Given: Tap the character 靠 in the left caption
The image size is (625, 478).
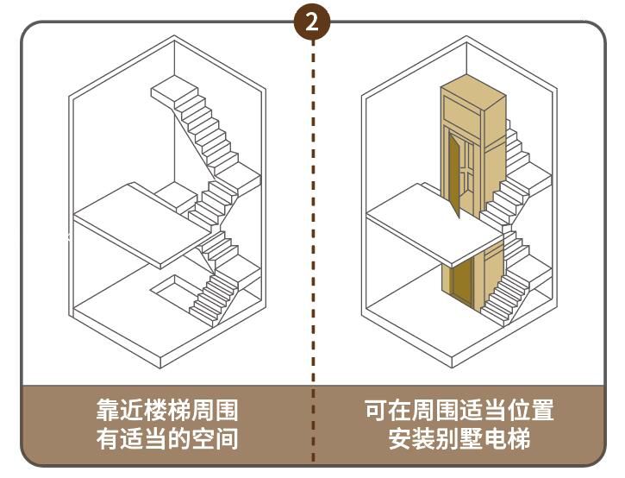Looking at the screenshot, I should [107, 411].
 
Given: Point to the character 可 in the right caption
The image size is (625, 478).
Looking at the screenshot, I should [376, 411].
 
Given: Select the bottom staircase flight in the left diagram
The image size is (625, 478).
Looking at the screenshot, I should [211, 298].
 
